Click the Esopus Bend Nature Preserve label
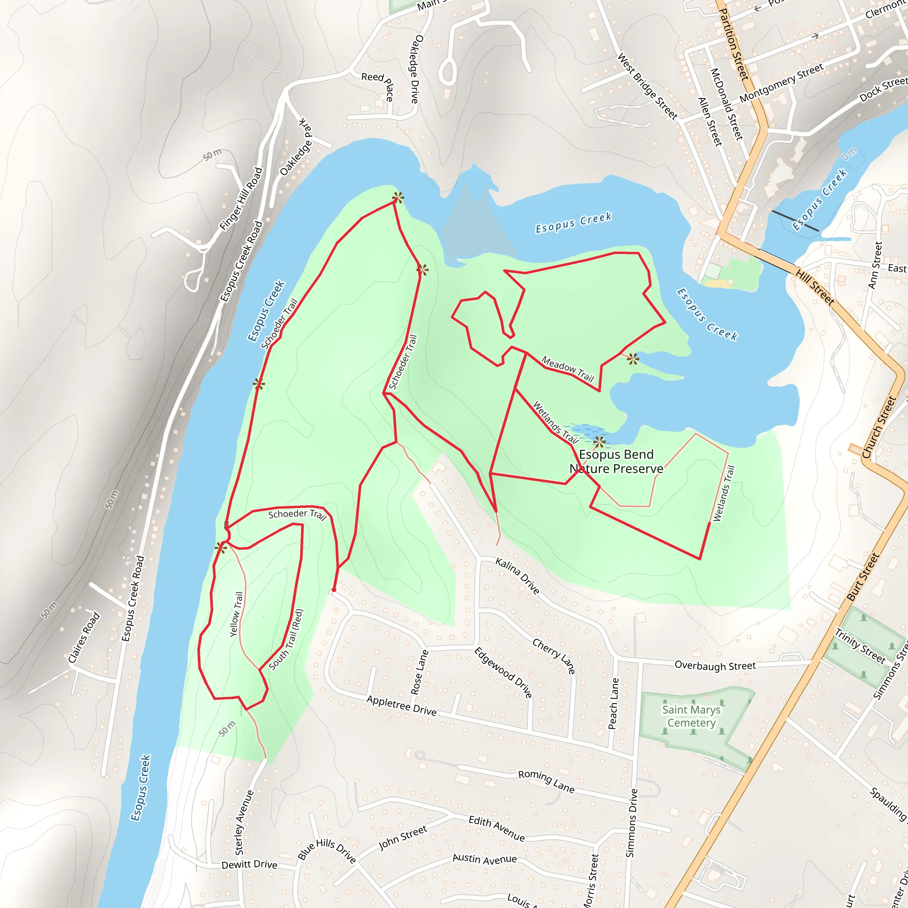[x=616, y=462]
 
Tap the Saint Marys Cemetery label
[x=691, y=716]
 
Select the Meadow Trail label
[x=568, y=368]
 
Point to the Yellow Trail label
[x=236, y=614]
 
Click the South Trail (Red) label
[x=286, y=640]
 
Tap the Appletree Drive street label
[x=401, y=705]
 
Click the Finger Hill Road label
[x=241, y=199]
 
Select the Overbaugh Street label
[x=715, y=665]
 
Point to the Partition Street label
[x=734, y=45]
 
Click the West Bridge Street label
[x=647, y=86]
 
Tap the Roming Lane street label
[x=546, y=782]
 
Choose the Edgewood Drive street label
[x=503, y=673]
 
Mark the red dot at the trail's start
[x=334, y=590]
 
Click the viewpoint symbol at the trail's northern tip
[x=398, y=197]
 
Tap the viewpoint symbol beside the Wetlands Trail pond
[x=599, y=442]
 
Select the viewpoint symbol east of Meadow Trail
[x=633, y=360]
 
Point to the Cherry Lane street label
[x=554, y=656]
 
